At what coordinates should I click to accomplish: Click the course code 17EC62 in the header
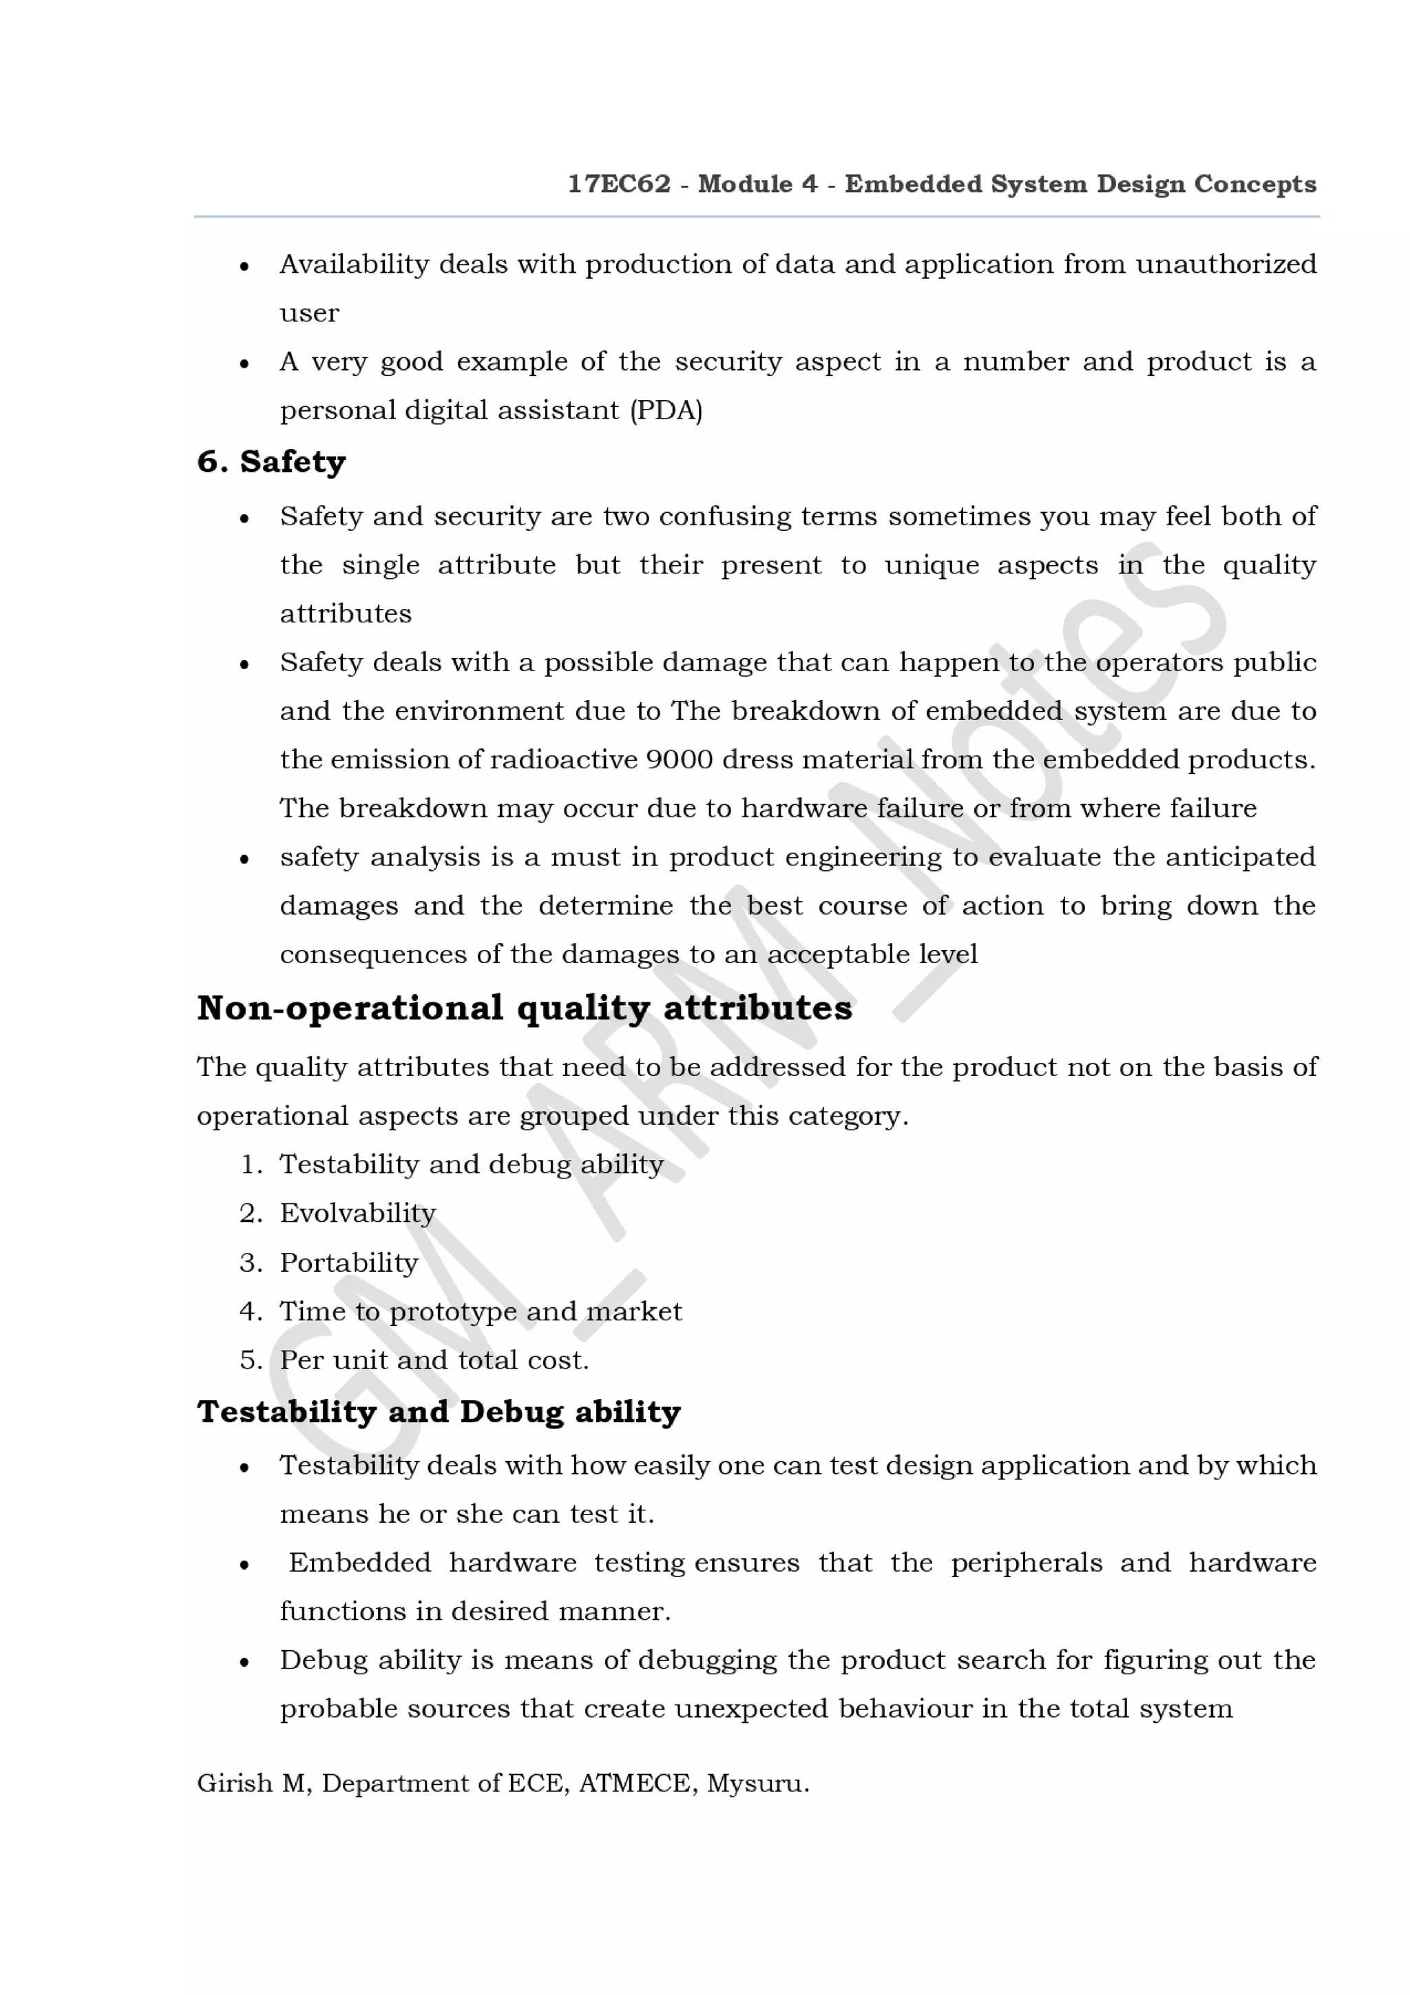(618, 184)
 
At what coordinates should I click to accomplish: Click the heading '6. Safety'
(271, 461)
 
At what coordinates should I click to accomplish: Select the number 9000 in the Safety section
(680, 759)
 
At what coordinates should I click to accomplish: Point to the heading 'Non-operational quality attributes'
(524, 1008)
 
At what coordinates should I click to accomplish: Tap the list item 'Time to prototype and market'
(480, 1311)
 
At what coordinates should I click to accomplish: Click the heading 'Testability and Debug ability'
(439, 1412)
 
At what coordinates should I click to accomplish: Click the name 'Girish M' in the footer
(252, 1784)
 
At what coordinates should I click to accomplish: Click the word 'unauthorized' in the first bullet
(1225, 264)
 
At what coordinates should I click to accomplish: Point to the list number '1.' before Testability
(250, 1164)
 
